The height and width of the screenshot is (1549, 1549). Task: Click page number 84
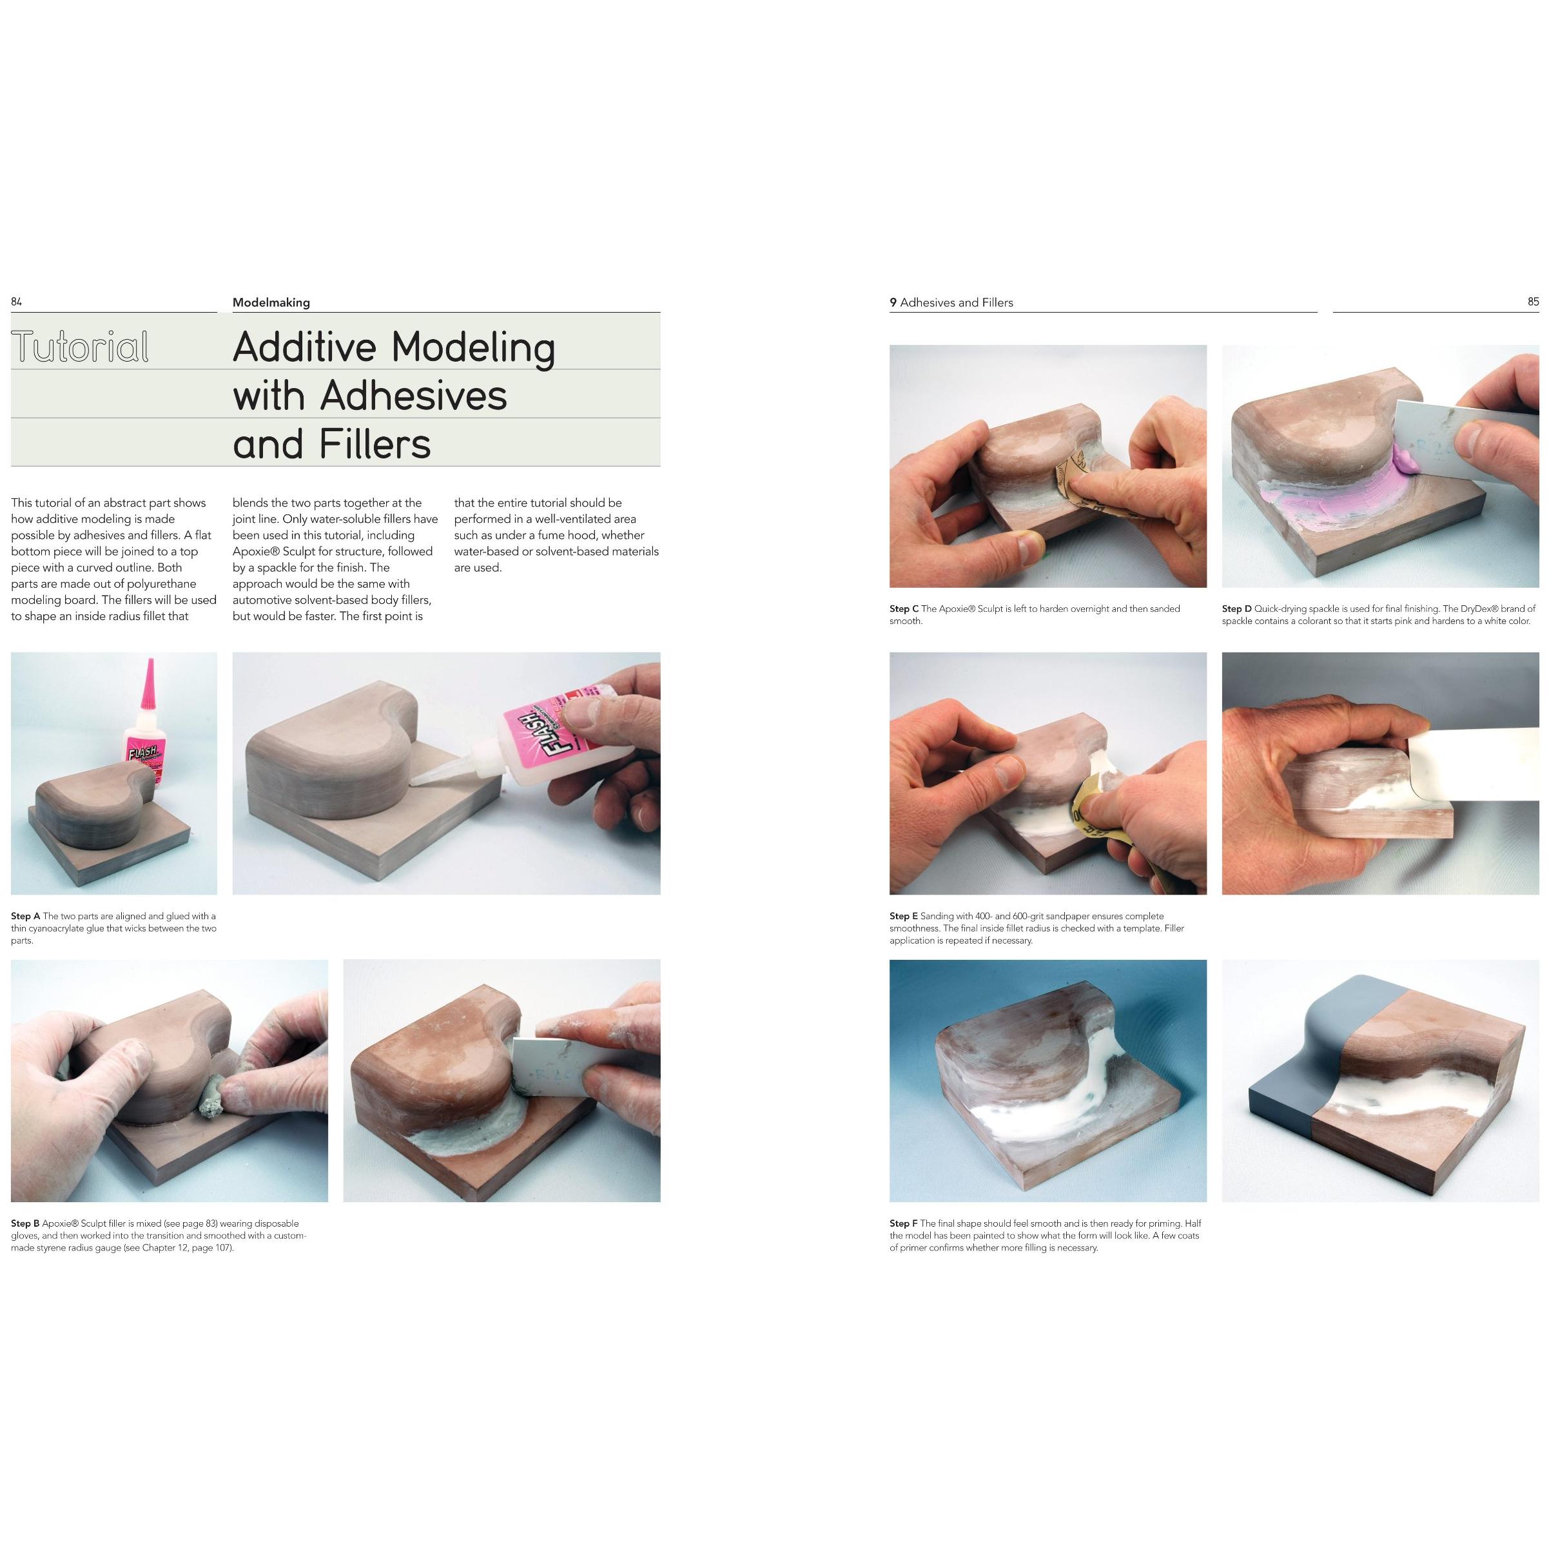click(x=16, y=302)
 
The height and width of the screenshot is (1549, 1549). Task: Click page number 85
click(x=1533, y=302)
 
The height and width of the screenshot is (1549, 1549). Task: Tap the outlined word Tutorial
click(x=80, y=347)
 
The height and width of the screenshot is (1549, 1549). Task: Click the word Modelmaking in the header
click(x=271, y=302)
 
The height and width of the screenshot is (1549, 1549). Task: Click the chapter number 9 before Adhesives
click(x=893, y=302)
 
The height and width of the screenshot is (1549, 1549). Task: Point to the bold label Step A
click(x=26, y=915)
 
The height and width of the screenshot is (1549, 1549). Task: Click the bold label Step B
click(x=26, y=1223)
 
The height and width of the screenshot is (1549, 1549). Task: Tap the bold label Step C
click(x=904, y=609)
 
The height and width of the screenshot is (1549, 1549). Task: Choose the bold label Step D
click(x=1237, y=609)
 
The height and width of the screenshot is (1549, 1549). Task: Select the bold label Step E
click(x=904, y=915)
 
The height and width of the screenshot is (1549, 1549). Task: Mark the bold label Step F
click(x=904, y=1223)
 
